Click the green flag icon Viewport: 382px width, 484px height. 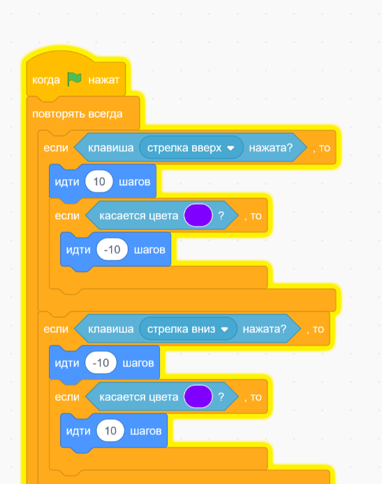(x=74, y=79)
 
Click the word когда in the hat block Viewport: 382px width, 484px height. (x=46, y=80)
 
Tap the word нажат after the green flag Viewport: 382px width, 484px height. (x=103, y=80)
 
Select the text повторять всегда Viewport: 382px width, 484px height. (x=78, y=114)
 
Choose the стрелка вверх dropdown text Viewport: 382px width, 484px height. (x=184, y=148)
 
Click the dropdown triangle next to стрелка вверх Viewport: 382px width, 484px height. (x=230, y=148)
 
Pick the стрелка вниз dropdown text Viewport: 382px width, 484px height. (x=182, y=329)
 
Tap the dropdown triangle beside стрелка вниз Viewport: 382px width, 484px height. (x=224, y=329)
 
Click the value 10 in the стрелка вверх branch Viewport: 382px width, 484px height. (x=99, y=182)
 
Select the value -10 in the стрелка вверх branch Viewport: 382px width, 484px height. (x=112, y=250)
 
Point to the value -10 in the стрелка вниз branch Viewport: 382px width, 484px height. (x=101, y=363)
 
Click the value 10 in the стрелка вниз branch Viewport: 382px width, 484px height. (x=110, y=431)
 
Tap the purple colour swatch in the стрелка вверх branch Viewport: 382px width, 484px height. (x=198, y=215)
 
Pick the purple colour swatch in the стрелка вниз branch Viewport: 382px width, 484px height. (x=198, y=397)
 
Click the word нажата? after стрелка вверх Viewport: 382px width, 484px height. (x=271, y=148)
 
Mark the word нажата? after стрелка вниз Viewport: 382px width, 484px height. (x=265, y=329)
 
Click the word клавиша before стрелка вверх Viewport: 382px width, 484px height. (x=111, y=148)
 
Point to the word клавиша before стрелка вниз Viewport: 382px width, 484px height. (x=111, y=329)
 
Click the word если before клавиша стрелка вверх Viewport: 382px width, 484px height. (x=56, y=148)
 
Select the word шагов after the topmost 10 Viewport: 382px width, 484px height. (x=135, y=182)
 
